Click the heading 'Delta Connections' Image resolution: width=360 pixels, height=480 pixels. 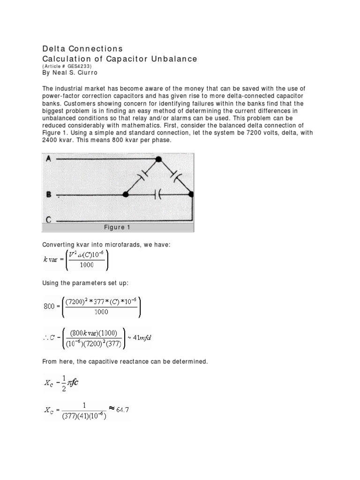[82, 49]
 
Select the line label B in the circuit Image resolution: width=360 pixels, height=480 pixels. [48, 193]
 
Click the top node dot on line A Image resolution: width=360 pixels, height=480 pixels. [159, 159]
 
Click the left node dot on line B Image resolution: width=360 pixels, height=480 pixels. [126, 194]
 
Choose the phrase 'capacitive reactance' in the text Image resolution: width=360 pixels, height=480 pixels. [104, 361]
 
